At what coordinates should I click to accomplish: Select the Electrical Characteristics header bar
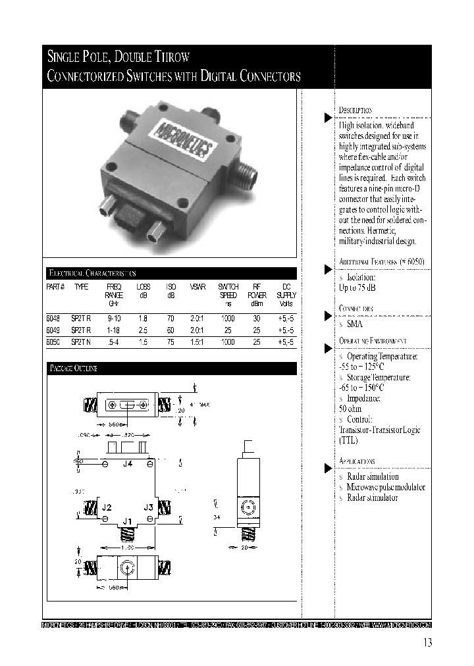[x=170, y=272]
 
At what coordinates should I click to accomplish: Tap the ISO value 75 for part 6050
[x=171, y=342]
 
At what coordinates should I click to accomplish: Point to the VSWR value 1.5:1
[x=197, y=342]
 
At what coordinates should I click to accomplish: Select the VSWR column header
[x=197, y=288]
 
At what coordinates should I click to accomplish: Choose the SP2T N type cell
[x=82, y=342]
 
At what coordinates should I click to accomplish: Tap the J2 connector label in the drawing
[x=107, y=507]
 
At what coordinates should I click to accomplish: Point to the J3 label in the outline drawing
[x=149, y=507]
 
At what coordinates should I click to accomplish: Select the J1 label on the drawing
[x=128, y=521]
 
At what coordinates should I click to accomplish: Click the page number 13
[x=428, y=643]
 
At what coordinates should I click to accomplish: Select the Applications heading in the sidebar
[x=357, y=461]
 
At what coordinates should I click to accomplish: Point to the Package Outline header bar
[x=170, y=368]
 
